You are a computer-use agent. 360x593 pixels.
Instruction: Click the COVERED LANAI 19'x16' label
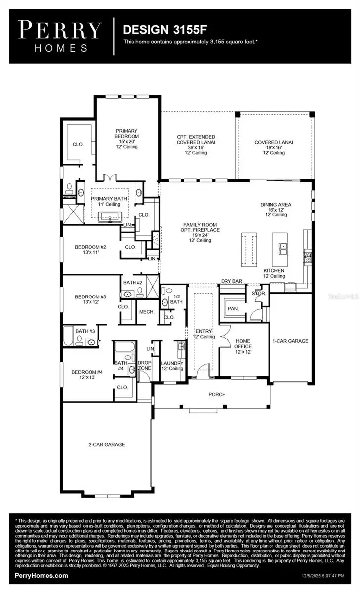(273, 147)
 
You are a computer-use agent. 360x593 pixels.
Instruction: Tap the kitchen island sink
(283, 249)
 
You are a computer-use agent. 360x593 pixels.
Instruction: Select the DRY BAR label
(231, 281)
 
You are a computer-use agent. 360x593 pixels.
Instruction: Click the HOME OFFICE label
(243, 344)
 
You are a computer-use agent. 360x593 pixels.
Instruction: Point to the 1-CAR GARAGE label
(290, 341)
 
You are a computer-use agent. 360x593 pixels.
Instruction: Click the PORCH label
(217, 394)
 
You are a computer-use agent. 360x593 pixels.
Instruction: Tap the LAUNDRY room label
(172, 365)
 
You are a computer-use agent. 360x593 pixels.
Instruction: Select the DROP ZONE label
(144, 365)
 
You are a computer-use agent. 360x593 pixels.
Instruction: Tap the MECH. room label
(146, 312)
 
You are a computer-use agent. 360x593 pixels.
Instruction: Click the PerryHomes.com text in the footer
(42, 576)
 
